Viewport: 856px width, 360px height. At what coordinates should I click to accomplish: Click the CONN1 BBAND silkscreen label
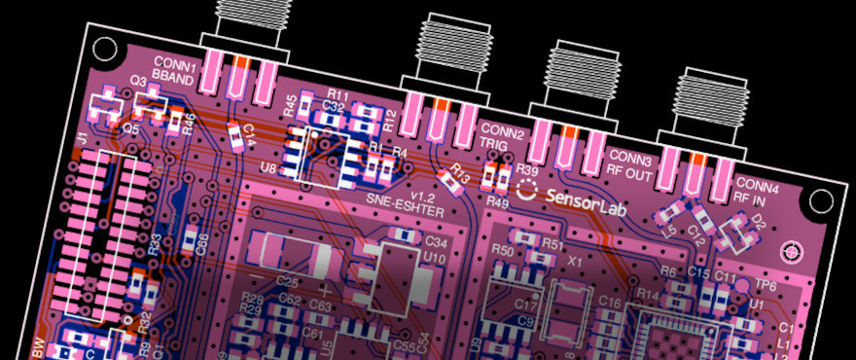(x=177, y=70)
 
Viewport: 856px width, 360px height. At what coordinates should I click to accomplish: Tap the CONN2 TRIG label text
(x=502, y=137)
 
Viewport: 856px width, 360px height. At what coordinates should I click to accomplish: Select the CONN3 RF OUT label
(x=629, y=162)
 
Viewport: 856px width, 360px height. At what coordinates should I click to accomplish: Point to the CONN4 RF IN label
(x=756, y=191)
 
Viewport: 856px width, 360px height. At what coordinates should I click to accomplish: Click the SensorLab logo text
(x=583, y=196)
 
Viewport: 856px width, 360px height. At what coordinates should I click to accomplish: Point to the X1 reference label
(x=575, y=263)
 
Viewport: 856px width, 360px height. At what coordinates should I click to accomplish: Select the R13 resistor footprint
(x=451, y=178)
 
